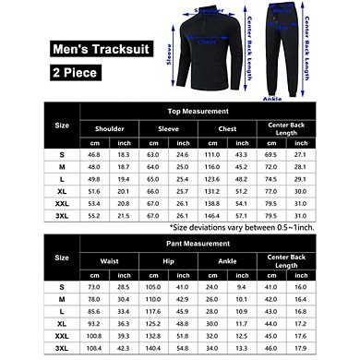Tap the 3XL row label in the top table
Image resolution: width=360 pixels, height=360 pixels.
(x=61, y=214)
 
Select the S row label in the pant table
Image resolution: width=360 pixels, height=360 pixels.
(x=61, y=287)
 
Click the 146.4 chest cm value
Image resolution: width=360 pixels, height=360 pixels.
(x=213, y=214)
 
